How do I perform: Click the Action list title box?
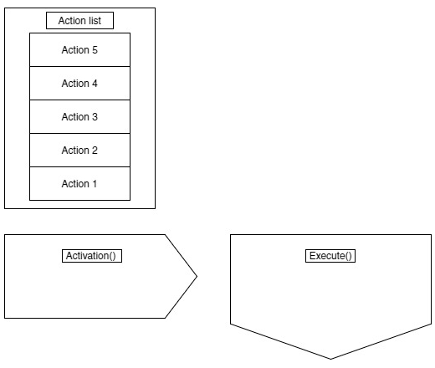click(x=79, y=20)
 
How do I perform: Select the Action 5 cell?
click(x=79, y=49)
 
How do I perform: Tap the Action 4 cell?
click(x=79, y=83)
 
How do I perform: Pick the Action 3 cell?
click(x=79, y=116)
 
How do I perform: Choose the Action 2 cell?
click(x=79, y=150)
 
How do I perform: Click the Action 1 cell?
click(x=79, y=183)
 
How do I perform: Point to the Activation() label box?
click(x=92, y=256)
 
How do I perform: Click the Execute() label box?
click(x=330, y=256)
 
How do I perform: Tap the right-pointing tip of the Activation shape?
click(x=197, y=276)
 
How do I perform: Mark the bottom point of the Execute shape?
click(x=330, y=359)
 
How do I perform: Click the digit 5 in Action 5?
click(x=95, y=50)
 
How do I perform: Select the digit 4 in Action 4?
click(x=95, y=84)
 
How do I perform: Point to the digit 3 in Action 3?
click(x=95, y=117)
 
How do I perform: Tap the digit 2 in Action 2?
click(x=95, y=151)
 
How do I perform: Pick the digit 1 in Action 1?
click(x=95, y=184)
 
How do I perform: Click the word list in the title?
click(x=95, y=21)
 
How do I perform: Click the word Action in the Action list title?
click(x=72, y=21)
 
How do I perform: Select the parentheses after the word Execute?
click(x=349, y=256)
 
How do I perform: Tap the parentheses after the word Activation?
click(x=112, y=256)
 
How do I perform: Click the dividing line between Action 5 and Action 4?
click(x=79, y=66)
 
